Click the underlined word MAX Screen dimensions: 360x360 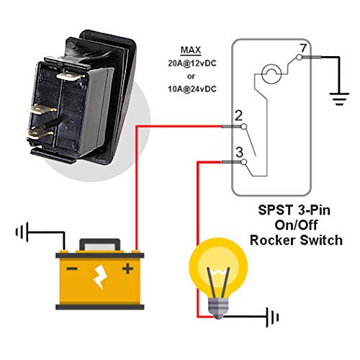click(191, 50)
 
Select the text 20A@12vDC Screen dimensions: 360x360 click(192, 63)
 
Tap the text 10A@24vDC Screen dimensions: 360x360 click(192, 89)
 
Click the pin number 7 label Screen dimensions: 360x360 click(303, 48)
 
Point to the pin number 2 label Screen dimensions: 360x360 click(238, 116)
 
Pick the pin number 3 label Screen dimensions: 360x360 click(239, 152)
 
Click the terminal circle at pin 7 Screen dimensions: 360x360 click(300, 58)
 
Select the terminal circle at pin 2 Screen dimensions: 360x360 click(243, 126)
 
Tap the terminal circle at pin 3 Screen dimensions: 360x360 click(243, 162)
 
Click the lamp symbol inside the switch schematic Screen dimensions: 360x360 click(271, 73)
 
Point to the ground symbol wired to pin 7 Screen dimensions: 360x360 click(339, 99)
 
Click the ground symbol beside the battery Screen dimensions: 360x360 click(22, 233)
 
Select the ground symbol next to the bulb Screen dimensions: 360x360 click(272, 318)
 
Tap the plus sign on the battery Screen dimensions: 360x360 click(127, 269)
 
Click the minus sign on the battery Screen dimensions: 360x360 click(72, 269)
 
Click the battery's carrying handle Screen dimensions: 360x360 click(100, 245)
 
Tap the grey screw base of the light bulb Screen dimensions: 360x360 click(218, 307)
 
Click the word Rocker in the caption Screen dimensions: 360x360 click(273, 240)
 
